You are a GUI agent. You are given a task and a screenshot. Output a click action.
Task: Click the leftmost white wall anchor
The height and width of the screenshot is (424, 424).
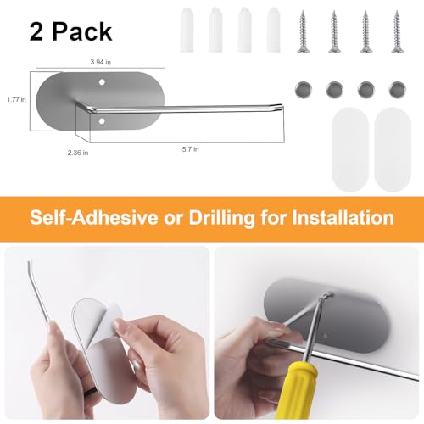187,30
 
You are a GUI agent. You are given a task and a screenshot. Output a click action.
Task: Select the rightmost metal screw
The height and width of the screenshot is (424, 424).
397,31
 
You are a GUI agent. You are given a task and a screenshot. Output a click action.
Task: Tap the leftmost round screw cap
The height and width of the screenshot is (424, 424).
304,90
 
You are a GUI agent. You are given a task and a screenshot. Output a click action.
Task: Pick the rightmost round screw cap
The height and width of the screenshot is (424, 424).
397,90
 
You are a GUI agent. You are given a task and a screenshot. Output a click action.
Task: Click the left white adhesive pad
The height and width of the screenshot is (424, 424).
350,150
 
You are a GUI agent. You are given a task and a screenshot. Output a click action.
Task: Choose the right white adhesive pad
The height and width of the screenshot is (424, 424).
393,150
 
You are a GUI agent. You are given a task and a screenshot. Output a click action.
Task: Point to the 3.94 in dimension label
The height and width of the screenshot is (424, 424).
101,62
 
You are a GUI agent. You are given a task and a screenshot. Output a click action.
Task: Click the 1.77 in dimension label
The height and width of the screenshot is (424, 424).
16,99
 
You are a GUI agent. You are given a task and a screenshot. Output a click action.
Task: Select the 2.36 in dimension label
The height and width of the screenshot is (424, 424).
78,153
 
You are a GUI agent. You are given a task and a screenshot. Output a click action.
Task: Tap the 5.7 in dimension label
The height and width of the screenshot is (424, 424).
190,149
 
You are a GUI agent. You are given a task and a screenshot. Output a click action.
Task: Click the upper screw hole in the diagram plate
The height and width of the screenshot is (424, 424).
102,82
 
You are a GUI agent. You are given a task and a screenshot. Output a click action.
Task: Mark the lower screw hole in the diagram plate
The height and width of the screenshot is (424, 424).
102,121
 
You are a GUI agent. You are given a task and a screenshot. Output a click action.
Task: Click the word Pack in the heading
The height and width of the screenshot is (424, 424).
82,32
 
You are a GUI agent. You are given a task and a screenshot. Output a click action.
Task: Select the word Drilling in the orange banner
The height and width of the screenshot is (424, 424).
221,218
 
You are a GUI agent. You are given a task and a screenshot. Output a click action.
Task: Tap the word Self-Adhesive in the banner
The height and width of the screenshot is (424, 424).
94,217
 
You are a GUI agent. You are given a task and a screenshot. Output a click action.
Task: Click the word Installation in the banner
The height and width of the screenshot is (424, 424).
343,217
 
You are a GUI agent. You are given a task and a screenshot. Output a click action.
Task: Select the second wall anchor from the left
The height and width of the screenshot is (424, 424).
215,30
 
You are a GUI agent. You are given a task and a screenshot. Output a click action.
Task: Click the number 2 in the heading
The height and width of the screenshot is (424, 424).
36,32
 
